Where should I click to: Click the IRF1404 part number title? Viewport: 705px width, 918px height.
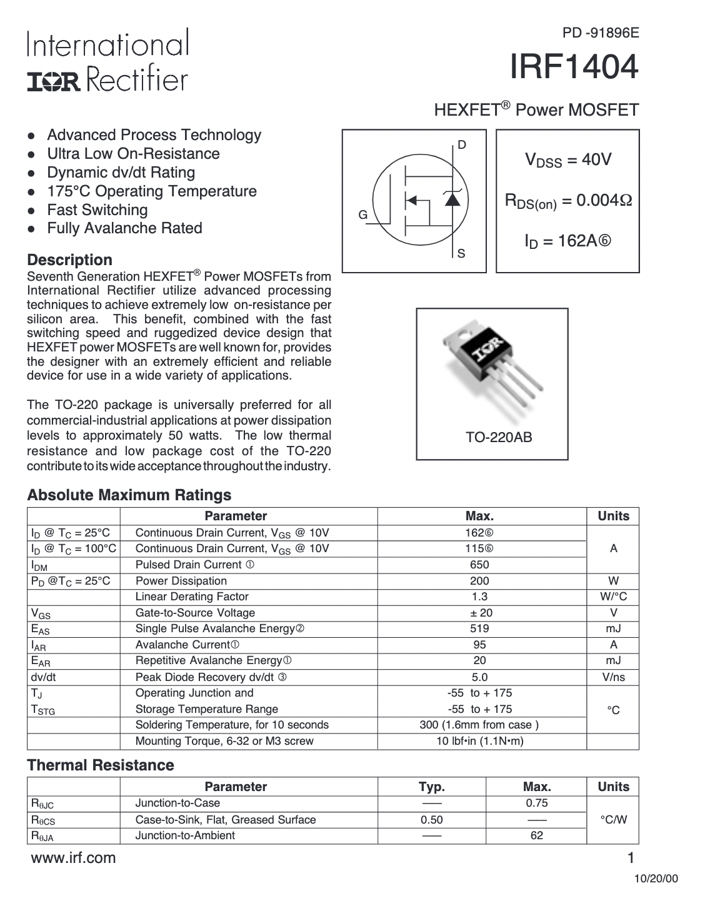574,68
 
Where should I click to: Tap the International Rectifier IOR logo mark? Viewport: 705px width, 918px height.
54,81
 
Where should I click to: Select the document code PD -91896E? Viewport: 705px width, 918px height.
601,33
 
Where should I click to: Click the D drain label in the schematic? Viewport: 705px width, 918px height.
462,145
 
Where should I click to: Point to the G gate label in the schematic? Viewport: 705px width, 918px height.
362,214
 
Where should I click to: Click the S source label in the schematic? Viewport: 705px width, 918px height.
461,254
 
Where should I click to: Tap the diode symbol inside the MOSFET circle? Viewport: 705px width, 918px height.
452,198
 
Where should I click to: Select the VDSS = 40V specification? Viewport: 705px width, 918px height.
567,160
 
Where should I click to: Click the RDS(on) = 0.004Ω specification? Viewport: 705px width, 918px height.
567,201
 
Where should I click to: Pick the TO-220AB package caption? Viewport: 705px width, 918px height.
499,438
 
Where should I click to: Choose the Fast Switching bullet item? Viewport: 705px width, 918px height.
97,210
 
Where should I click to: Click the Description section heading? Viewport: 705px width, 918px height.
69,260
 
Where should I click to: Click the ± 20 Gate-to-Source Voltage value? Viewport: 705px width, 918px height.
481,613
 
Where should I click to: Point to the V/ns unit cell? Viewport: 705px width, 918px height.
613,677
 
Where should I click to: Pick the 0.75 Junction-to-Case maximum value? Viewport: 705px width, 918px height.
536,803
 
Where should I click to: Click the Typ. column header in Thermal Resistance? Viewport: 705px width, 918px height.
431,787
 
